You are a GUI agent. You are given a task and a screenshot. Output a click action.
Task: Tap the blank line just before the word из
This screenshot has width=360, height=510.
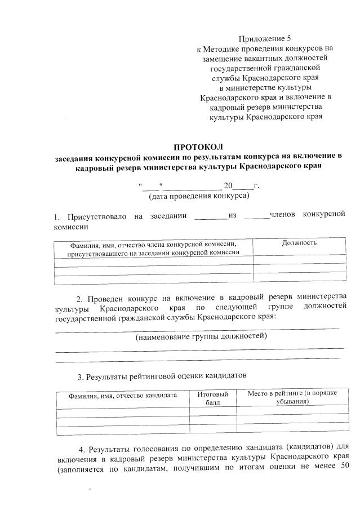(211, 216)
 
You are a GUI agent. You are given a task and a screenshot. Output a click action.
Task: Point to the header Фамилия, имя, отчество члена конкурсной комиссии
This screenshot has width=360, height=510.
(153, 243)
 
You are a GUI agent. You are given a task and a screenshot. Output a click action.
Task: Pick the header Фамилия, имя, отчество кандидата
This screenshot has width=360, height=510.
(123, 396)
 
